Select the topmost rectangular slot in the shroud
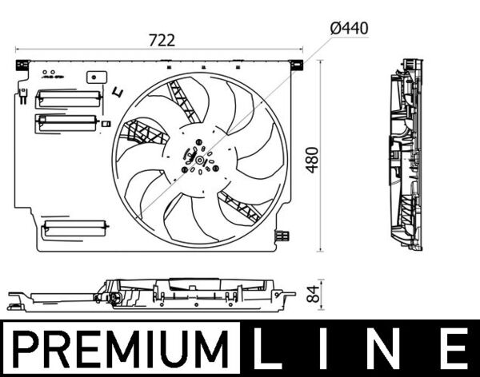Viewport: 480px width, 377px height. (x=70, y=98)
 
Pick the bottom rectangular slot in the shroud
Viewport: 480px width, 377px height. (x=74, y=228)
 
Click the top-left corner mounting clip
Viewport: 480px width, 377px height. (x=22, y=64)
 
